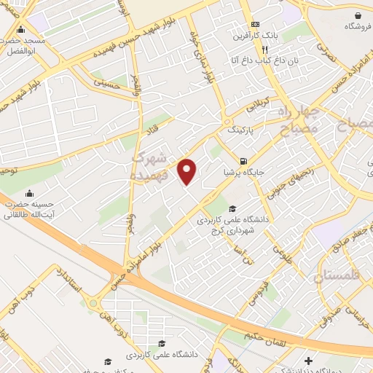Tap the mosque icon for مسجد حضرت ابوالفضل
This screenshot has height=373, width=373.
click(20, 30)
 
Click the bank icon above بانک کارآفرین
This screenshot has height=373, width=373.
click(253, 23)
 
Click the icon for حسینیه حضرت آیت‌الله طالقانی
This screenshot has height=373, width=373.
click(29, 193)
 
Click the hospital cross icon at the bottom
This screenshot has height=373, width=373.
click(309, 360)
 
